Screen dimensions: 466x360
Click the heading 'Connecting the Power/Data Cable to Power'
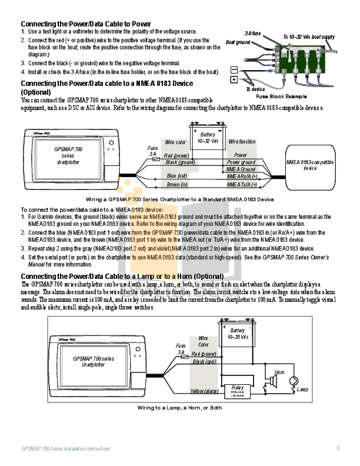(x=86, y=24)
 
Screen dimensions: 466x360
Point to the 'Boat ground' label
(x=238, y=42)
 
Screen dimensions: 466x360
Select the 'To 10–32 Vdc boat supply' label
(x=308, y=36)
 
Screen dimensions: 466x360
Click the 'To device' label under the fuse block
(x=255, y=89)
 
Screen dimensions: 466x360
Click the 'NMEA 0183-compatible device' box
(x=309, y=165)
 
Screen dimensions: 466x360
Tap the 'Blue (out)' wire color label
(x=176, y=175)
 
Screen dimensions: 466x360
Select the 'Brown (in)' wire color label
(x=176, y=184)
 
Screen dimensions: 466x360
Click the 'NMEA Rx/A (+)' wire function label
(x=242, y=175)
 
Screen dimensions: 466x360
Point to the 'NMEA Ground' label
(x=241, y=169)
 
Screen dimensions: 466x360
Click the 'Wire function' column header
(x=242, y=142)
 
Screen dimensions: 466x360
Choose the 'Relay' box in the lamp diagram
(x=238, y=390)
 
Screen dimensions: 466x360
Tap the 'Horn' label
(x=279, y=372)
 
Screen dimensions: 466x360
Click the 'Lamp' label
(x=302, y=390)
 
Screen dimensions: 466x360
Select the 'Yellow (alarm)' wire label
(x=204, y=391)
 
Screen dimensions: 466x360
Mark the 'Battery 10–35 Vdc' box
(x=238, y=334)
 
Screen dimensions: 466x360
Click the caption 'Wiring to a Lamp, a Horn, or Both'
(x=179, y=407)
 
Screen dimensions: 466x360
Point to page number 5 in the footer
(x=338, y=449)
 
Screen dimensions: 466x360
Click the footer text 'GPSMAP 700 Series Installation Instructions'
(x=65, y=449)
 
